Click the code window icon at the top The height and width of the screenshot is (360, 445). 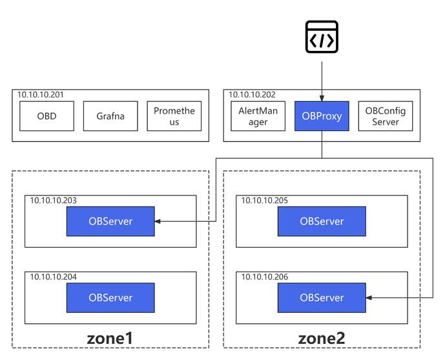pyautogui.click(x=321, y=37)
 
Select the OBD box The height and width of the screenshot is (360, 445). pyautogui.click(x=46, y=117)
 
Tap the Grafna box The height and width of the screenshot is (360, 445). pyautogui.click(x=110, y=117)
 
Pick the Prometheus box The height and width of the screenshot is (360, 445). pyautogui.click(x=174, y=117)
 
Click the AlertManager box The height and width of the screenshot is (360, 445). pyautogui.click(x=258, y=117)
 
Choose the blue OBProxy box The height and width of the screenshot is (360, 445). pyautogui.click(x=321, y=117)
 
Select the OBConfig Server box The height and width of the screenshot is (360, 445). pyautogui.click(x=386, y=117)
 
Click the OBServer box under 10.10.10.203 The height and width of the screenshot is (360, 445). pyautogui.click(x=110, y=221)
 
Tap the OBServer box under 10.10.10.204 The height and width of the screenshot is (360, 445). pyautogui.click(x=110, y=297)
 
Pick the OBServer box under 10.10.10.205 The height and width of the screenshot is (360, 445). pyautogui.click(x=322, y=221)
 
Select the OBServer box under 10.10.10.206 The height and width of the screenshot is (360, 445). pyautogui.click(x=322, y=297)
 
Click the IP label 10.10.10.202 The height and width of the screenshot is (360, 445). pyautogui.click(x=253, y=95)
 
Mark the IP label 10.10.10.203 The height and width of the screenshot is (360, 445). pyautogui.click(x=53, y=201)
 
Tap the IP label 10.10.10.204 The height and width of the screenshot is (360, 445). pyautogui.click(x=53, y=277)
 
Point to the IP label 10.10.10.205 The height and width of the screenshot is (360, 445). pyautogui.click(x=265, y=201)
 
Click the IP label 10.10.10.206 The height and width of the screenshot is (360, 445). pyautogui.click(x=265, y=277)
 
